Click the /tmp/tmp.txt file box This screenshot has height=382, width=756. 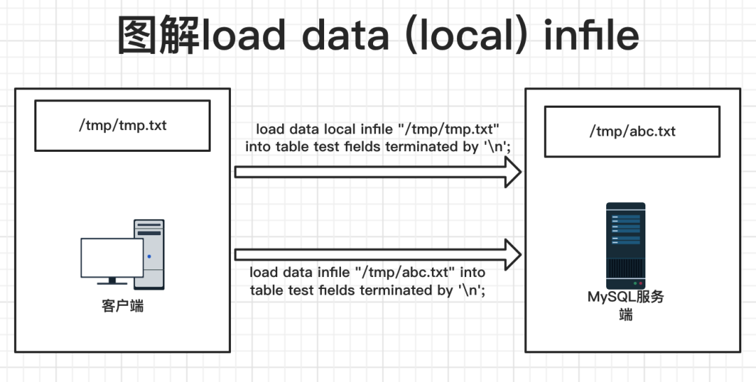[x=122, y=126]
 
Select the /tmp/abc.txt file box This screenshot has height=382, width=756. [x=632, y=132]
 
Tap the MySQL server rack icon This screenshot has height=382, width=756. [x=625, y=246]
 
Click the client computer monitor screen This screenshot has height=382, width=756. [x=112, y=257]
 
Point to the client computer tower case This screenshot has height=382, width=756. [x=150, y=255]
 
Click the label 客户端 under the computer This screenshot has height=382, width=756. [x=122, y=306]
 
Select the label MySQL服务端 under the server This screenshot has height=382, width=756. [x=626, y=306]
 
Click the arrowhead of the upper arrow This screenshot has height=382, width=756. [x=512, y=172]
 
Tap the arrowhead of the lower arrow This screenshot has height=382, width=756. [x=512, y=255]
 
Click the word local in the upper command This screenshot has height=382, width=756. [x=340, y=129]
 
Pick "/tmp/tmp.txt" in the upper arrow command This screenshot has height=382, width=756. [x=449, y=129]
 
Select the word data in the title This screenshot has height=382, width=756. [x=345, y=35]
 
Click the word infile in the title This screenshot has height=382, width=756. [x=591, y=35]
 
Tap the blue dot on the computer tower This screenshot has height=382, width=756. [x=149, y=256]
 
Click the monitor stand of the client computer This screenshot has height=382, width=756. [x=112, y=281]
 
